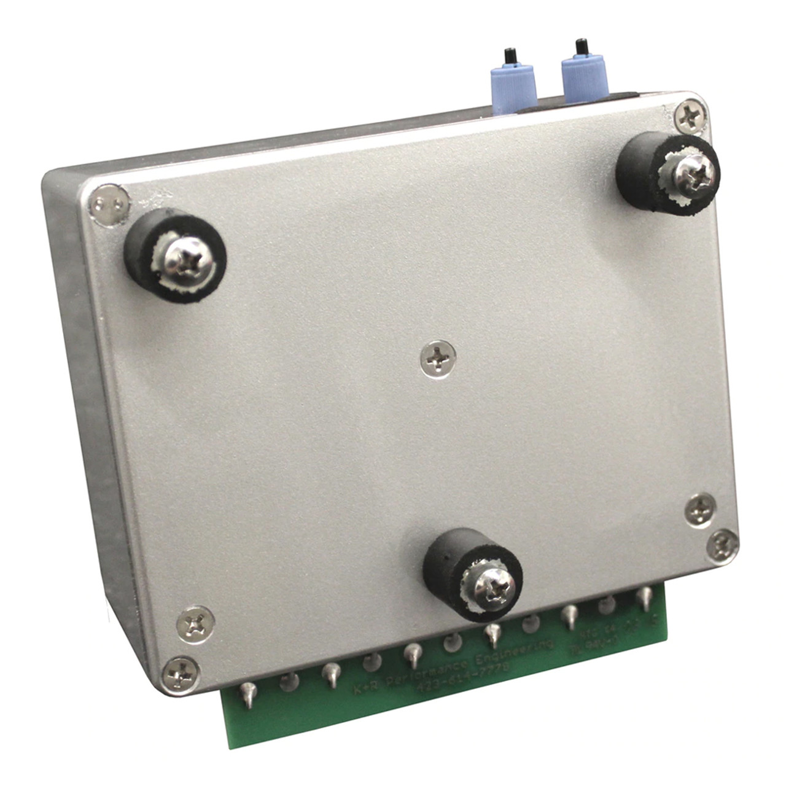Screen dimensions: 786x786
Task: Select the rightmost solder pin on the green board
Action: [x=644, y=595]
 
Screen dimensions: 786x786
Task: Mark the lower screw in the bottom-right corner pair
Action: [x=722, y=545]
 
